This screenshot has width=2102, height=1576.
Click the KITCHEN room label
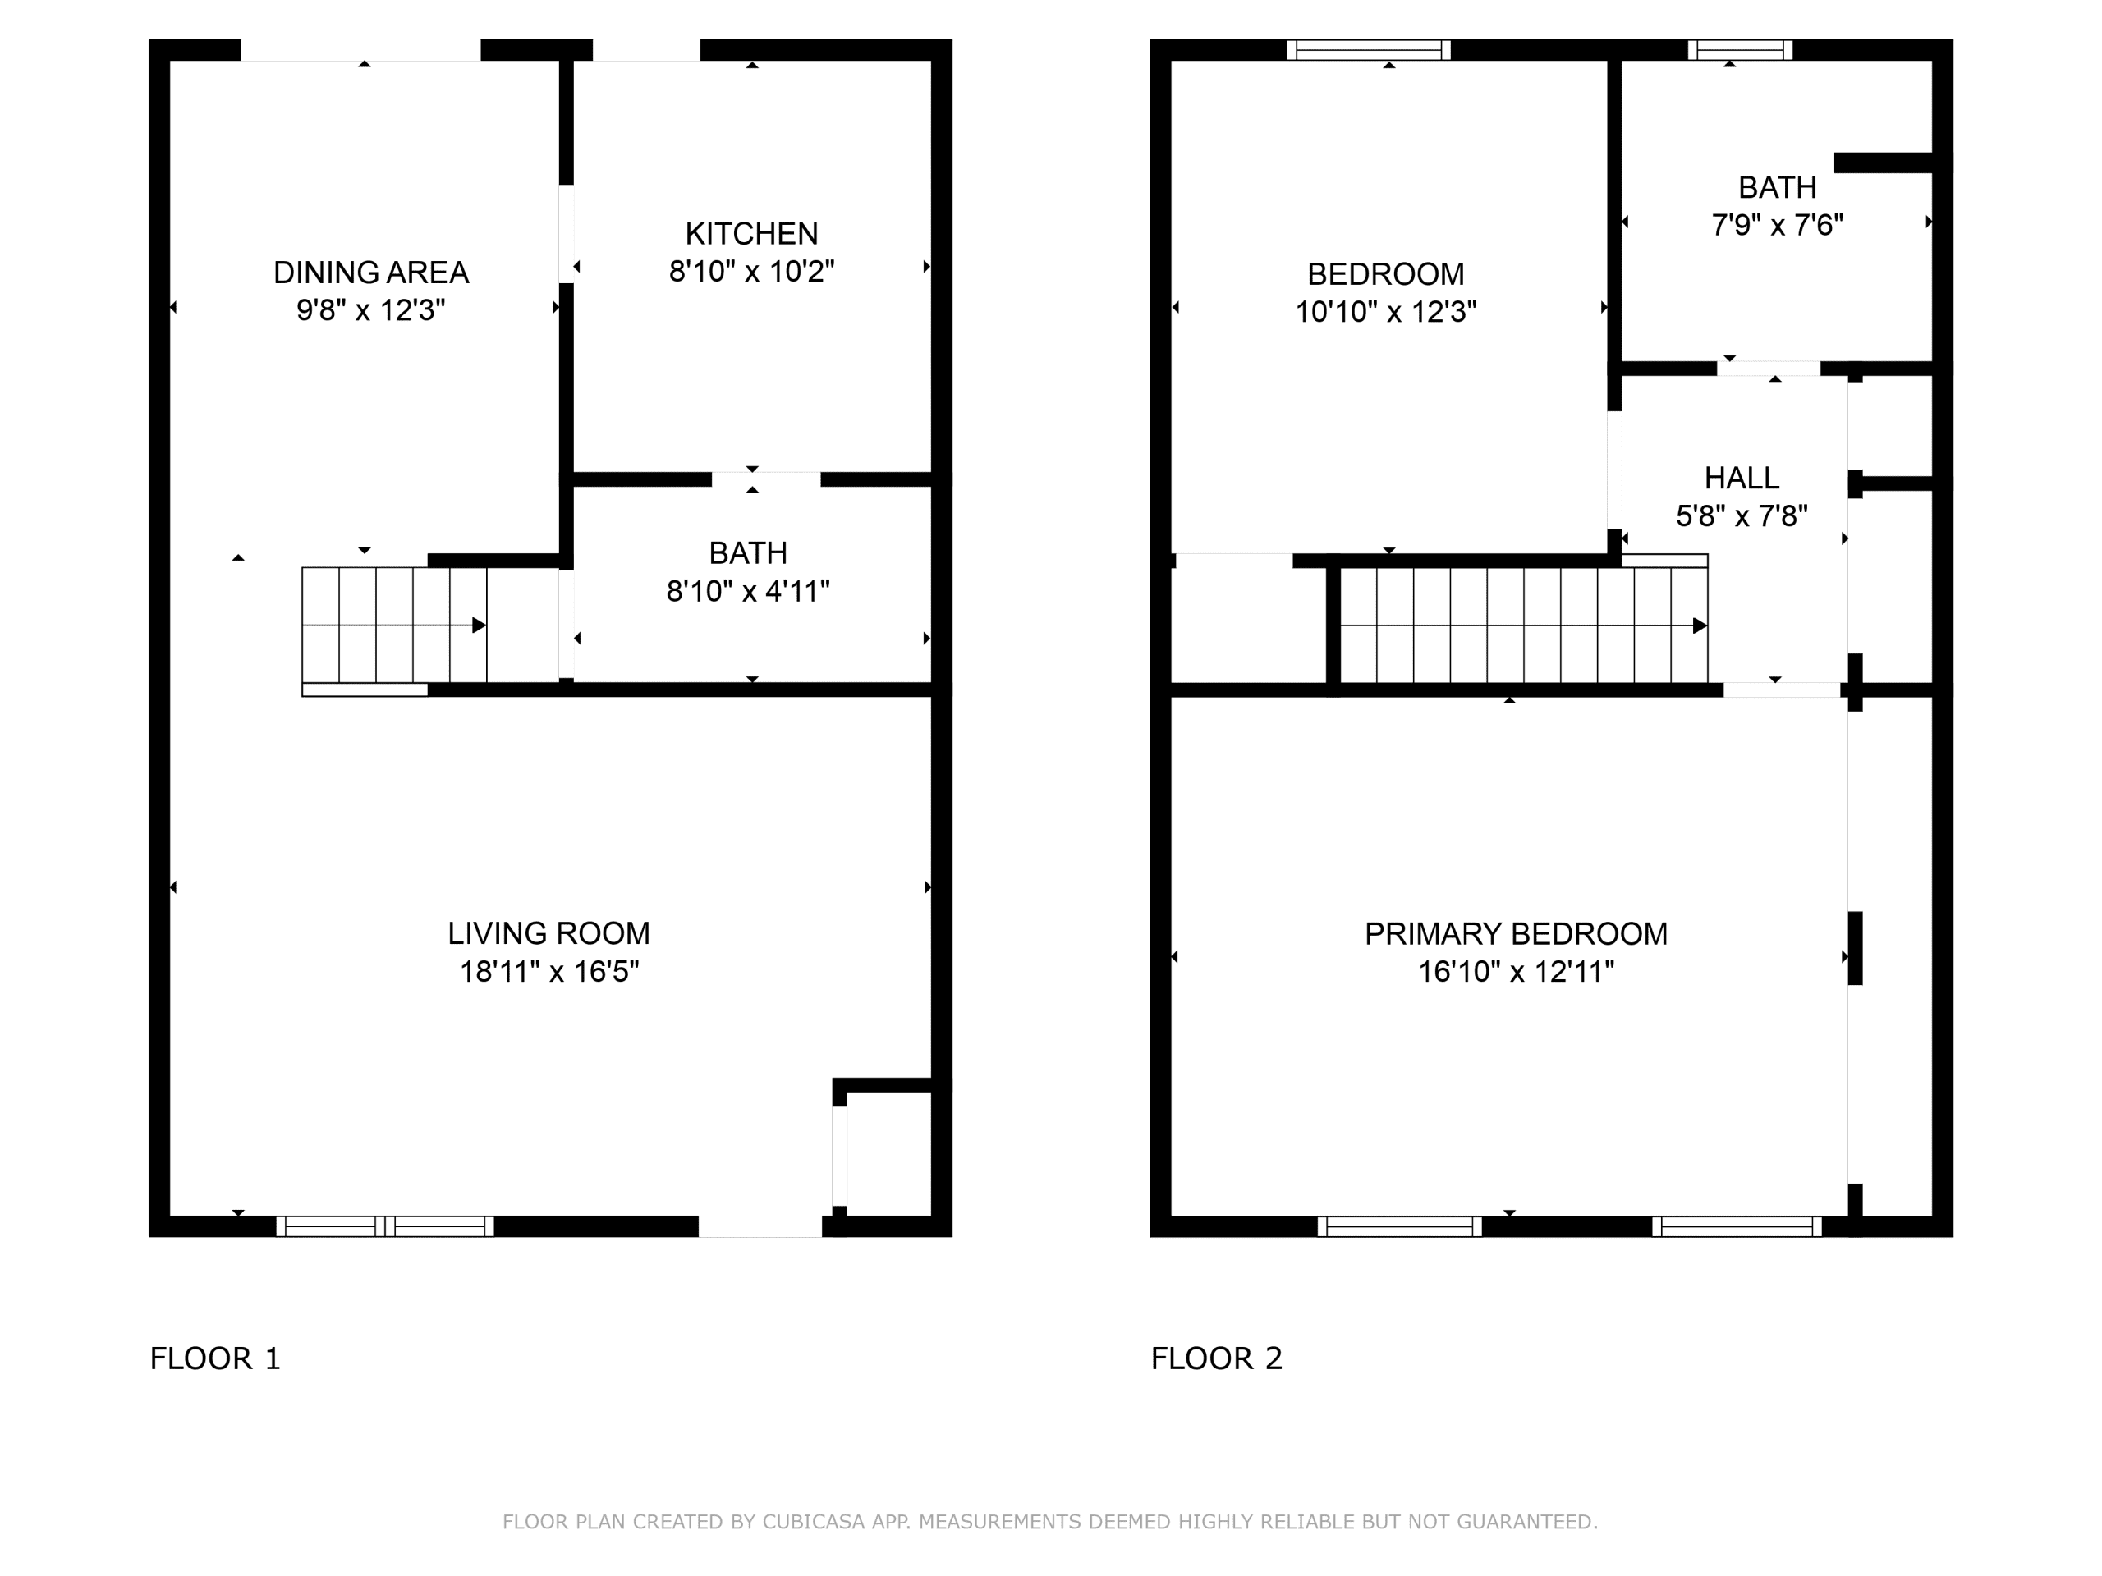(750, 234)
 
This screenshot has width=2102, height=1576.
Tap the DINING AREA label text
(370, 273)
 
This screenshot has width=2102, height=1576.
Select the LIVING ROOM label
(549, 934)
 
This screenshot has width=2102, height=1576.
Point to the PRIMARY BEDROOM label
(1516, 934)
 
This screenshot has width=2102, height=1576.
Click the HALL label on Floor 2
(1741, 478)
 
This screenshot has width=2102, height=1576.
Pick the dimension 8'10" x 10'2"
(750, 272)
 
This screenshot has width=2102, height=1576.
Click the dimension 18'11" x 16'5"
(549, 972)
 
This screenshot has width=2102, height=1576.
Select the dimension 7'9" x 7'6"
(1777, 225)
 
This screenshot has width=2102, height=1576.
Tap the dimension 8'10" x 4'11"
(748, 592)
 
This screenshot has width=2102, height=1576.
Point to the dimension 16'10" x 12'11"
(1516, 972)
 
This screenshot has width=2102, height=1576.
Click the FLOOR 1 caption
(216, 1358)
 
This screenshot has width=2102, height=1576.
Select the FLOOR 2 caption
(1216, 1358)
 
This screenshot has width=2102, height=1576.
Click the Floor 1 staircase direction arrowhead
(480, 625)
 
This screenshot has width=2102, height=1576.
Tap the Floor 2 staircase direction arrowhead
(1700, 625)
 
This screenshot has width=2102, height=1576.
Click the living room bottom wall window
(385, 1226)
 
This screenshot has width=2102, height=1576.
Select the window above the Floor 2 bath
(1740, 49)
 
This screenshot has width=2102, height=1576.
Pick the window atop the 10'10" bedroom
(1369, 49)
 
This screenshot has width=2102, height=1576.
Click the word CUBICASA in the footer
(813, 1522)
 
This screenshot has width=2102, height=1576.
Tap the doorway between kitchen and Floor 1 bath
(766, 479)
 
